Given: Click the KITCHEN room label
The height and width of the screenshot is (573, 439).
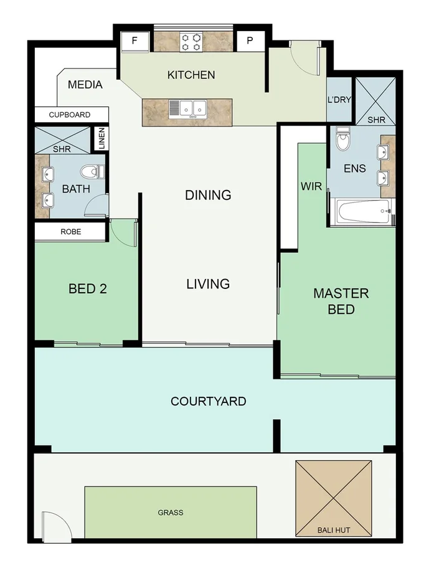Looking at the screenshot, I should click(191, 75).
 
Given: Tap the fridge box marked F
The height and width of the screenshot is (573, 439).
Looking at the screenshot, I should click(136, 41).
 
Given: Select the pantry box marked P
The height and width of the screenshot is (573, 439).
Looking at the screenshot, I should click(250, 41).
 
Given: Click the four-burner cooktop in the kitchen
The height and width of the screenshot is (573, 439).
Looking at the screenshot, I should click(191, 41).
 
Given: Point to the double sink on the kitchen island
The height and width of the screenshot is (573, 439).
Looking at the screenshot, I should click(187, 109).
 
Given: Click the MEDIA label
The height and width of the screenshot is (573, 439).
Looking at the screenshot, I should click(85, 85).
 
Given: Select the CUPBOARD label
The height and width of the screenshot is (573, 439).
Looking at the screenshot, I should click(70, 115).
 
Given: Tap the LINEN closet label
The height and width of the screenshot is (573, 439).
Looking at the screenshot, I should click(101, 138).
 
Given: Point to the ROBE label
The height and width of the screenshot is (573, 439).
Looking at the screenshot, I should click(70, 232).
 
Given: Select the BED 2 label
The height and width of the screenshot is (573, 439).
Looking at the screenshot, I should click(87, 289).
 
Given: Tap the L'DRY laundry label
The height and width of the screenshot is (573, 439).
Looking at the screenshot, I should click(339, 100).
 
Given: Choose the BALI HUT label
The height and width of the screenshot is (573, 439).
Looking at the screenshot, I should click(333, 531).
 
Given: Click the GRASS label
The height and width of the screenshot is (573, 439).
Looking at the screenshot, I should click(170, 513).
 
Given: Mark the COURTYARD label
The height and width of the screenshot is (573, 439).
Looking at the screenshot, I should click(208, 401).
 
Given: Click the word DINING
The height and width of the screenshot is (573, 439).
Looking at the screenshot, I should click(208, 195).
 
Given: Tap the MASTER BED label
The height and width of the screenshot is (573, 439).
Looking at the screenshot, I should click(341, 301).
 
